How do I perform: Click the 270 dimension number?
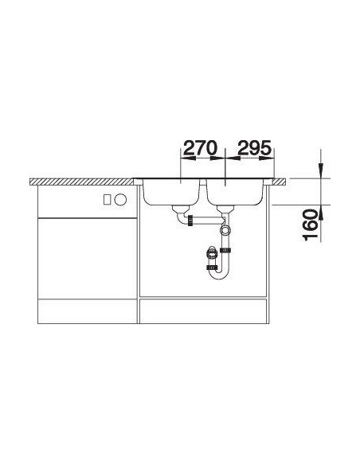(x=201, y=147)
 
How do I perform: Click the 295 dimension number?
(x=255, y=147)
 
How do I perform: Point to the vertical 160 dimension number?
(x=311, y=225)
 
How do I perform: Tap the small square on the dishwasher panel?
(x=108, y=200)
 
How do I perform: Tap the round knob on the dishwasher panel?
(x=121, y=200)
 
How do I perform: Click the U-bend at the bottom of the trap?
(x=219, y=273)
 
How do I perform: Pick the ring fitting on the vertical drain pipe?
(x=225, y=230)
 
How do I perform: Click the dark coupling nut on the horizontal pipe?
(x=190, y=220)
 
